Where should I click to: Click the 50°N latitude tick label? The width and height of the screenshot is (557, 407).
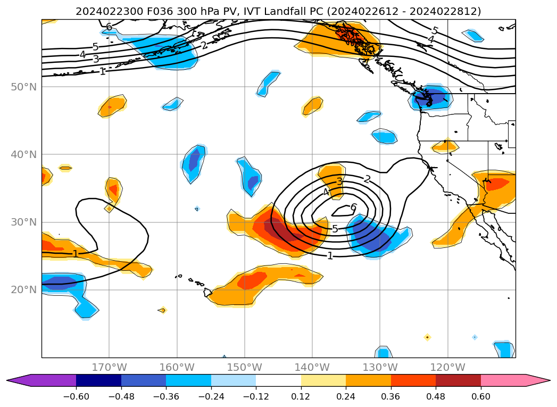click(x=24, y=87)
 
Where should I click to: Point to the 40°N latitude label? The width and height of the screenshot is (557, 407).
click(x=24, y=154)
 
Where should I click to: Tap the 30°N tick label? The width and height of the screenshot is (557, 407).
click(x=24, y=222)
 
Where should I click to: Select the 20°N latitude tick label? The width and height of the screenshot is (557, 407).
click(x=24, y=290)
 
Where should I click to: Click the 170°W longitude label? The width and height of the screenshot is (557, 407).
click(x=109, y=367)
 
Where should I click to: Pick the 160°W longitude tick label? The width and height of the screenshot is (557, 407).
click(x=177, y=367)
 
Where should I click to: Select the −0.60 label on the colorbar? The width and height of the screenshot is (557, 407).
click(x=76, y=396)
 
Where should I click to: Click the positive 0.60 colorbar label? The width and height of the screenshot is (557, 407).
click(x=481, y=396)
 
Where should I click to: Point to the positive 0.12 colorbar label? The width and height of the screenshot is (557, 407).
click(x=301, y=396)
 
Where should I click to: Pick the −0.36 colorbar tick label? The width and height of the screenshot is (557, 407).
click(x=166, y=396)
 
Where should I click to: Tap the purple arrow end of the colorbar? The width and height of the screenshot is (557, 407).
click(x=19, y=380)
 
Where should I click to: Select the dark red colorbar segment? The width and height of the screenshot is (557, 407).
click(x=458, y=380)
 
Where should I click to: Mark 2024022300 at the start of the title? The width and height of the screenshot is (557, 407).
click(x=101, y=11)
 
